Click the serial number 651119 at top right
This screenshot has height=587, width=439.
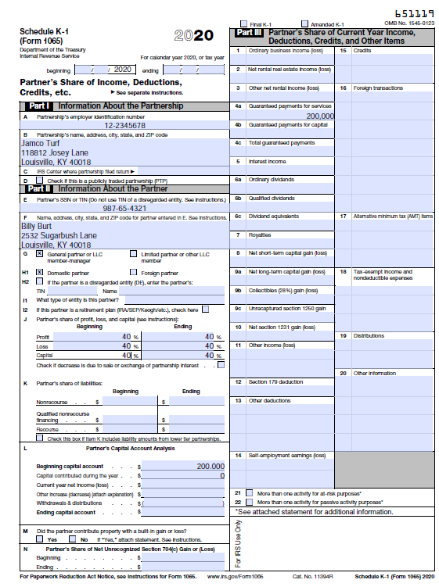click(414, 14)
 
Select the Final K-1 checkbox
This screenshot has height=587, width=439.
click(245, 24)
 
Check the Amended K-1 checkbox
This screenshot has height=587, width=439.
click(304, 24)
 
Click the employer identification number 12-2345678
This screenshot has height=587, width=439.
click(124, 125)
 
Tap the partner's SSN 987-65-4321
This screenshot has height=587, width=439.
click(124, 208)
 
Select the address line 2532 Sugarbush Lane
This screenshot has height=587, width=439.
click(59, 235)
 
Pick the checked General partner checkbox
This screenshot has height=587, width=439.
click(40, 254)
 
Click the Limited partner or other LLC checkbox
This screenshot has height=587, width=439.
click(133, 254)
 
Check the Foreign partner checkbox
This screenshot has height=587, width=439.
click(133, 272)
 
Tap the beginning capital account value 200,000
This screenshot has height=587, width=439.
click(210, 466)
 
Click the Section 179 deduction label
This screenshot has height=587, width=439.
click(275, 381)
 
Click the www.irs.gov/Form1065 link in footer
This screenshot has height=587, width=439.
click(235, 576)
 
